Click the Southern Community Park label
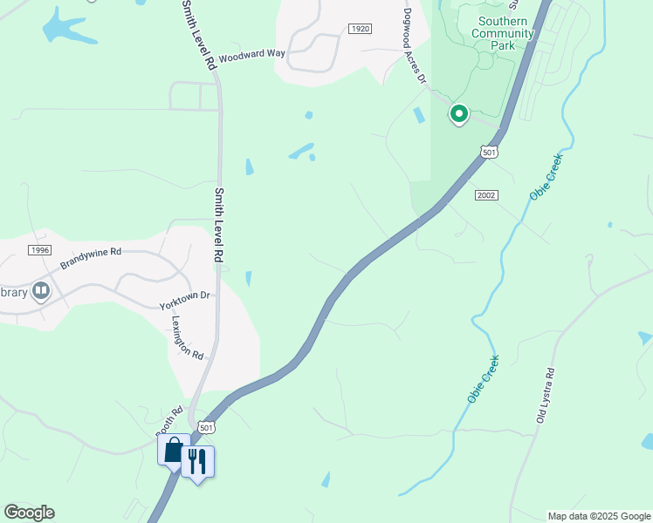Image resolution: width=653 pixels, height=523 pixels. (x=502, y=33)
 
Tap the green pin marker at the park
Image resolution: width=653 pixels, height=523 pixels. (x=458, y=113)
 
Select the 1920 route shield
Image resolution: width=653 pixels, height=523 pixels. (x=360, y=29)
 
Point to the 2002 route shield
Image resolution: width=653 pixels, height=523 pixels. (x=486, y=195)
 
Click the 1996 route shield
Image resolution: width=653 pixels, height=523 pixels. (x=39, y=250)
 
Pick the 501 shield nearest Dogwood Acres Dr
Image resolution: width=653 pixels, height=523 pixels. (x=490, y=153)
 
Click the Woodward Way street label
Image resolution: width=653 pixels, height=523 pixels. (x=251, y=54)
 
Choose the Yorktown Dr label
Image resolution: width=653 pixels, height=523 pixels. (x=185, y=301)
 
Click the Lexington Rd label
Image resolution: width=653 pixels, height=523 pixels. (x=187, y=337)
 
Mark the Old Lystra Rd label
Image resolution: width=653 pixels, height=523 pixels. (x=546, y=397)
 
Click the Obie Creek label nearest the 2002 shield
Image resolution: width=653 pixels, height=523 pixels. (x=546, y=177)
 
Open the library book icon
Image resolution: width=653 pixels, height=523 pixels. (x=40, y=290)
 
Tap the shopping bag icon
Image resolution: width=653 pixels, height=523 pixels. (x=174, y=451)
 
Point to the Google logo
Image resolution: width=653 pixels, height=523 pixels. (x=29, y=513)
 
